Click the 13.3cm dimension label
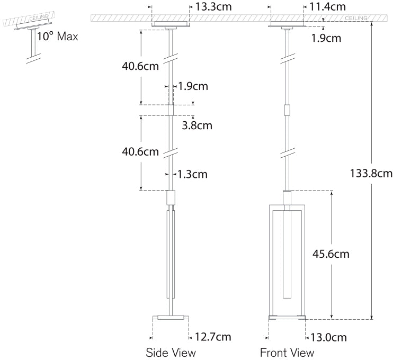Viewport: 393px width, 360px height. tap(213, 7)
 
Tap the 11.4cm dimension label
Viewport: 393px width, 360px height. tap(327, 7)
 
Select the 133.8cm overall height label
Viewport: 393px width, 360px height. tap(371, 173)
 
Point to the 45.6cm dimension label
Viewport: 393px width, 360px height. tap(331, 254)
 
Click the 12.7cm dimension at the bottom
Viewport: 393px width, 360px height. tap(213, 337)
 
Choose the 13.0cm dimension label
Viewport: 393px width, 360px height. tap(328, 337)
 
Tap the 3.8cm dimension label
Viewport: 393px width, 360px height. tap(197, 125)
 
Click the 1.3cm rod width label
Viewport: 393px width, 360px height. tap(192, 174)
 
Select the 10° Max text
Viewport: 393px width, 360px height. tap(57, 37)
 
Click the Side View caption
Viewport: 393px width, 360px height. tap(171, 353)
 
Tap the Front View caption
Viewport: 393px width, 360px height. tap(287, 353)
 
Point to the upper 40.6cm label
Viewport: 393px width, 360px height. tap(140, 66)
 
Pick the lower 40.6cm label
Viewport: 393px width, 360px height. tap(140, 152)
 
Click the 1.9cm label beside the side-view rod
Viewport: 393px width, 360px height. tap(193, 86)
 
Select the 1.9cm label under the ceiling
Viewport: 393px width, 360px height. tap(326, 38)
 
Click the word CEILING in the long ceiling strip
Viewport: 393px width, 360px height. tap(356, 18)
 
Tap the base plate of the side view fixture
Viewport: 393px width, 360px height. tap(171, 318)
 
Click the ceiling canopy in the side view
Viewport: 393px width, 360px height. tap(171, 24)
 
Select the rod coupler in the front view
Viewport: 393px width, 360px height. tap(287, 110)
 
